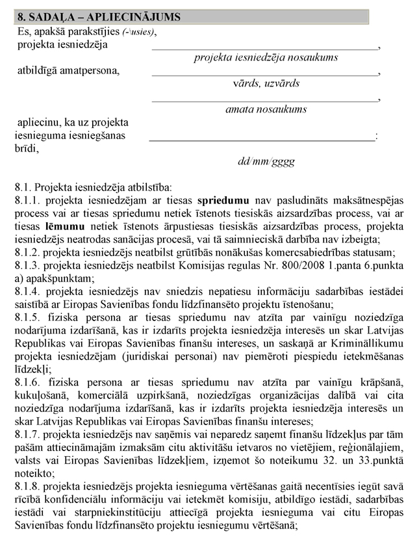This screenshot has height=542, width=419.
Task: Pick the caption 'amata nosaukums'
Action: coord(266,109)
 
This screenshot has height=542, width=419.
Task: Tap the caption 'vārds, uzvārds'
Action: coord(266,83)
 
